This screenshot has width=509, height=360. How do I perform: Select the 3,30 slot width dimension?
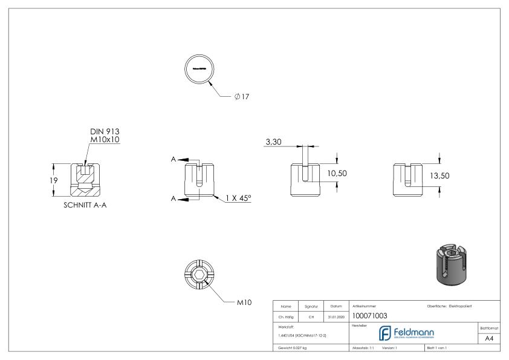[274, 143]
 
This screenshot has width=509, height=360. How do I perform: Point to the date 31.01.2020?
[335, 315]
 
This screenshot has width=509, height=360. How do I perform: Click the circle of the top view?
[199, 69]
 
